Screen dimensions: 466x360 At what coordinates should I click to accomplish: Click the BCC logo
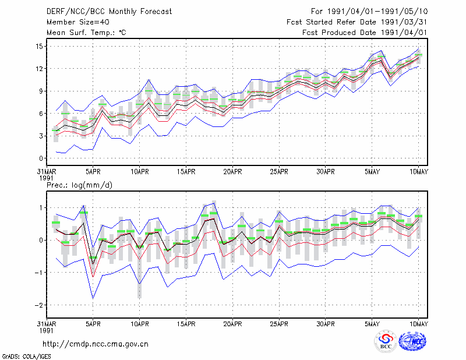pyautogui.click(x=386, y=341)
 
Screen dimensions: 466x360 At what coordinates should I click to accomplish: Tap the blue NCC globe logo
pyautogui.click(x=412, y=341)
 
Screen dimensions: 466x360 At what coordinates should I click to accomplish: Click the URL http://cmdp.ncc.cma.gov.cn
pyautogui.click(x=96, y=344)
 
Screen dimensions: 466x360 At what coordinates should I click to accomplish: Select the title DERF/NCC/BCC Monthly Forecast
pyautogui.click(x=109, y=12)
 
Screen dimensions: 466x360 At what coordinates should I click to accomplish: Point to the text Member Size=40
pyautogui.click(x=78, y=22)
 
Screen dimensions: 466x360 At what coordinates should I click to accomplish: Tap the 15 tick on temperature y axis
pyautogui.click(x=39, y=47)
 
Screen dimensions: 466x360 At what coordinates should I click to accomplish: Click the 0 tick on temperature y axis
pyautogui.click(x=41, y=158)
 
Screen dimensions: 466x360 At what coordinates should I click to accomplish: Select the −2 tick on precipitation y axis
pyautogui.click(x=38, y=305)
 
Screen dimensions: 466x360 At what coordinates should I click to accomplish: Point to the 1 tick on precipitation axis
pyautogui.click(x=41, y=207)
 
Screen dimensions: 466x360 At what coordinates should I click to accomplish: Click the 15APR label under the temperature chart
pyautogui.click(x=186, y=172)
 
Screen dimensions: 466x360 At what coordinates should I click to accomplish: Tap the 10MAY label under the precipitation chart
pyautogui.click(x=418, y=324)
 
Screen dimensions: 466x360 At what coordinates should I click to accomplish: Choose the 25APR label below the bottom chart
pyautogui.click(x=279, y=324)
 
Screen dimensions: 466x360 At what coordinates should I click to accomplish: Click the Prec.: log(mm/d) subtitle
pyautogui.click(x=79, y=185)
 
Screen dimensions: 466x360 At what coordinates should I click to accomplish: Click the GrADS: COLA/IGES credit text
pyautogui.click(x=26, y=357)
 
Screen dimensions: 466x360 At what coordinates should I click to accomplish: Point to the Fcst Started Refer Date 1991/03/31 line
pyautogui.click(x=356, y=22)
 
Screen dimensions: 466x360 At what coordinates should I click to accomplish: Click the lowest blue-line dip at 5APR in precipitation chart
pyautogui.click(x=93, y=298)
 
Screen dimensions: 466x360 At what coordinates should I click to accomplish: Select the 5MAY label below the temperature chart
pyautogui.click(x=372, y=172)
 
